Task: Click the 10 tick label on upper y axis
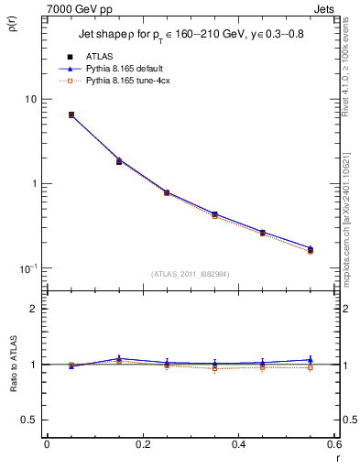pyautogui.click(x=29, y=99)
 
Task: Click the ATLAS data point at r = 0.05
pyautogui.click(x=71, y=115)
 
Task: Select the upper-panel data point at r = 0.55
pyautogui.click(x=311, y=249)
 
